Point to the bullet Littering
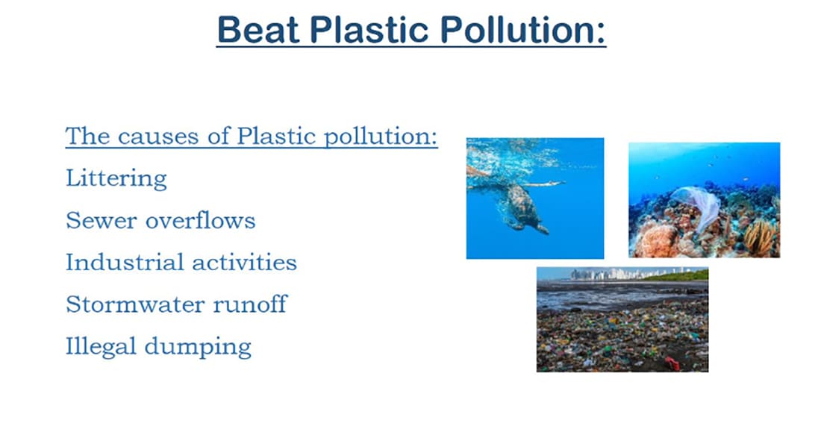tap(116, 179)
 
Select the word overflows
tap(201, 221)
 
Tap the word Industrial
tap(124, 262)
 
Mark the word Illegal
tap(101, 347)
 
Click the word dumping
tap(198, 347)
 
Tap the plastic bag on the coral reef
tap(696, 207)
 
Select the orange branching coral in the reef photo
tap(760, 236)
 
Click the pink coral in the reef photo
tap(658, 240)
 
